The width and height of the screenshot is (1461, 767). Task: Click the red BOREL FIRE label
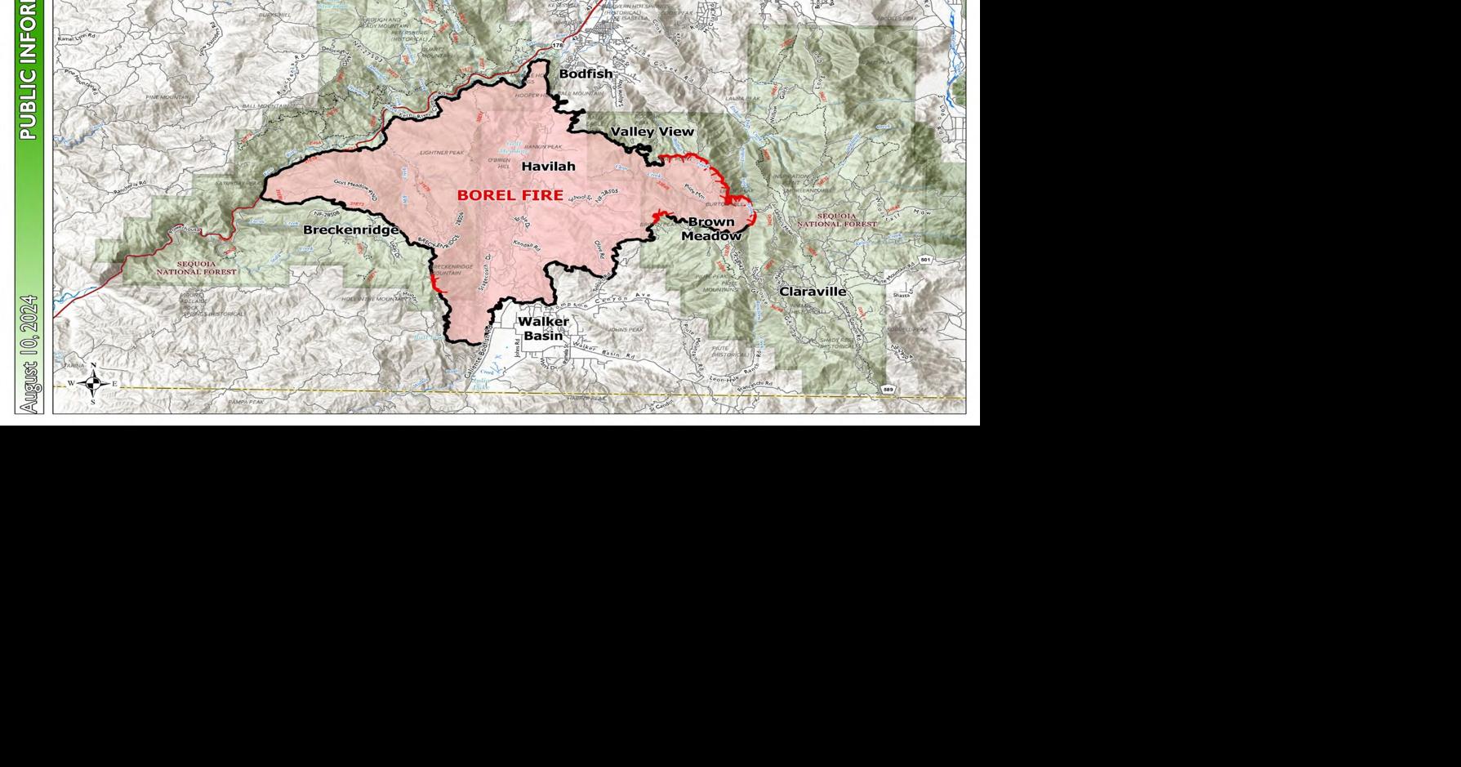pos(510,195)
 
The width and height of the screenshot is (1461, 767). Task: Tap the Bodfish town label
pos(586,74)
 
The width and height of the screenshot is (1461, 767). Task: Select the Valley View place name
pos(652,132)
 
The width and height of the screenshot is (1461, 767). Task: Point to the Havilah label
pos(548,167)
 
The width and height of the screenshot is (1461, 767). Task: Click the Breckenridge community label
pos(350,230)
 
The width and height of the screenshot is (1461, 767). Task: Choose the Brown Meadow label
pos(711,229)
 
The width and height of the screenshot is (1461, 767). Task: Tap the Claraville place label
pos(813,292)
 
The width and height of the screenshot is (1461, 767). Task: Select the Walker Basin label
pos(543,328)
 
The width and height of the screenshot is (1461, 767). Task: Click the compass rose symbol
pos(93,383)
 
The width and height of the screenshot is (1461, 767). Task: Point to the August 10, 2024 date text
pos(29,354)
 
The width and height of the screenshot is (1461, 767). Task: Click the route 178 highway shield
pos(558,46)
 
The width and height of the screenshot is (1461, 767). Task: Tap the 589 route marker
pos(889,390)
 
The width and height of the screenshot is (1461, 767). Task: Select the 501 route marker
pos(924,260)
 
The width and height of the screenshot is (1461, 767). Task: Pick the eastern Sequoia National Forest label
pos(836,220)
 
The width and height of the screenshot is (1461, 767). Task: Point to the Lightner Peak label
pos(442,153)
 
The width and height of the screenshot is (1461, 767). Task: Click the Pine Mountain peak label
pos(167,97)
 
